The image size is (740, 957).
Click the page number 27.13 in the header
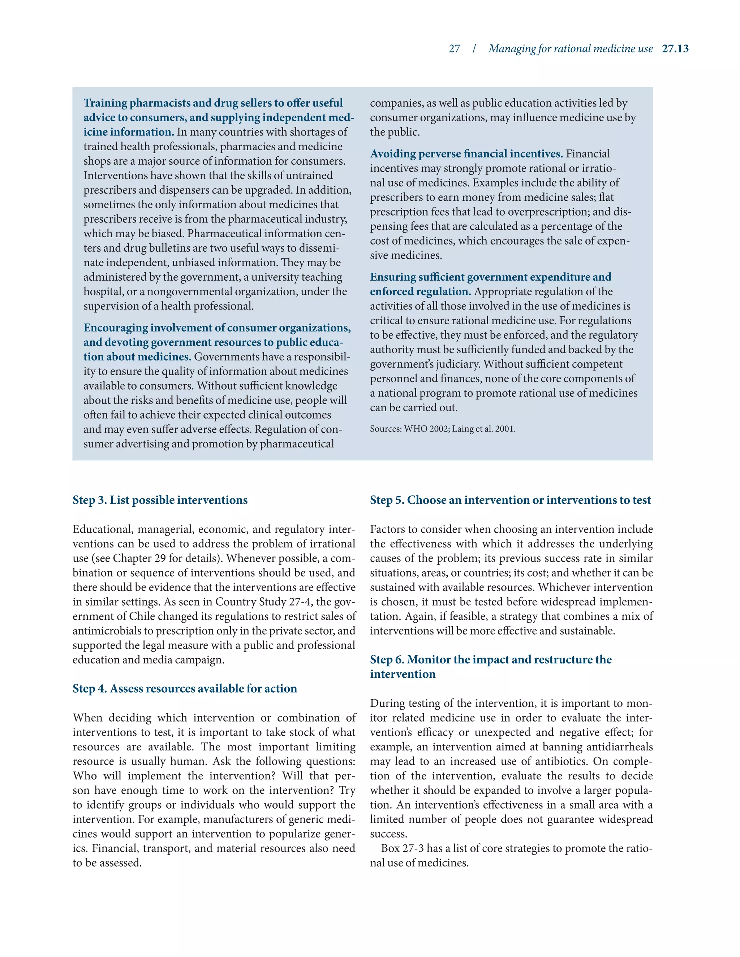point(675,49)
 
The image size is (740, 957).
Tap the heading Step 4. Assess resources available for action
point(185,688)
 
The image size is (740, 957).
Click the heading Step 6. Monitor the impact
point(491,659)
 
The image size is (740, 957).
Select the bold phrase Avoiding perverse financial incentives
point(466,154)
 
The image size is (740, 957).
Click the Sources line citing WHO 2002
point(442,429)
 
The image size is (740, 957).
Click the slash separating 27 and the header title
point(474,49)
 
